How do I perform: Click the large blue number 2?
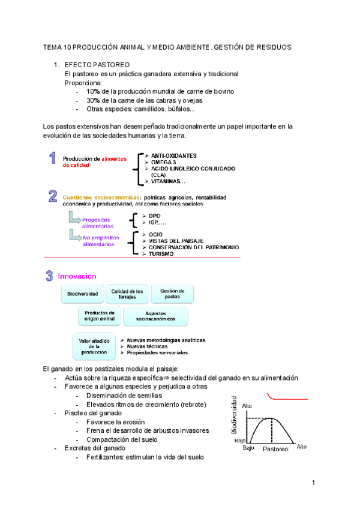pos(53,197)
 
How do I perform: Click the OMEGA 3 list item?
pos(163,162)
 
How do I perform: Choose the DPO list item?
pos(155,215)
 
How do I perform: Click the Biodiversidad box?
pos(83,294)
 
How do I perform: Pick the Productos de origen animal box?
pos(100,316)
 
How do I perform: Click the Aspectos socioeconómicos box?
pos(155,317)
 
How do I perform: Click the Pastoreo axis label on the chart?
pos(275,449)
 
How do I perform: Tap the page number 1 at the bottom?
pos(313,483)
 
